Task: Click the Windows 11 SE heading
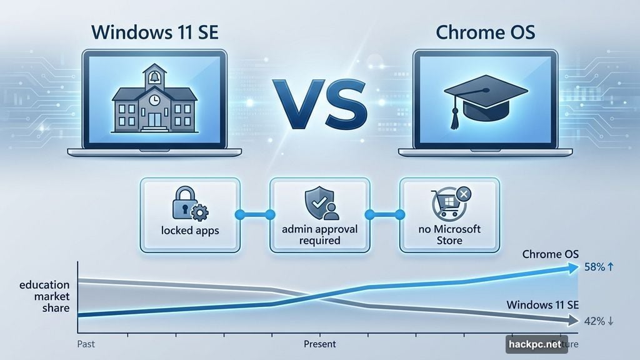click(154, 31)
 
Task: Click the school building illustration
click(154, 102)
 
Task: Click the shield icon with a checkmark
click(316, 202)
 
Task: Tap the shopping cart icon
click(446, 206)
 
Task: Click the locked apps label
click(190, 230)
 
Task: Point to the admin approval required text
click(319, 234)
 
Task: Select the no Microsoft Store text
click(450, 234)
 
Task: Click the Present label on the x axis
click(319, 344)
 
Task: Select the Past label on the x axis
click(86, 344)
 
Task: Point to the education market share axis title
click(44, 297)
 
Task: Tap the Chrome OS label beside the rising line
click(551, 254)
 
